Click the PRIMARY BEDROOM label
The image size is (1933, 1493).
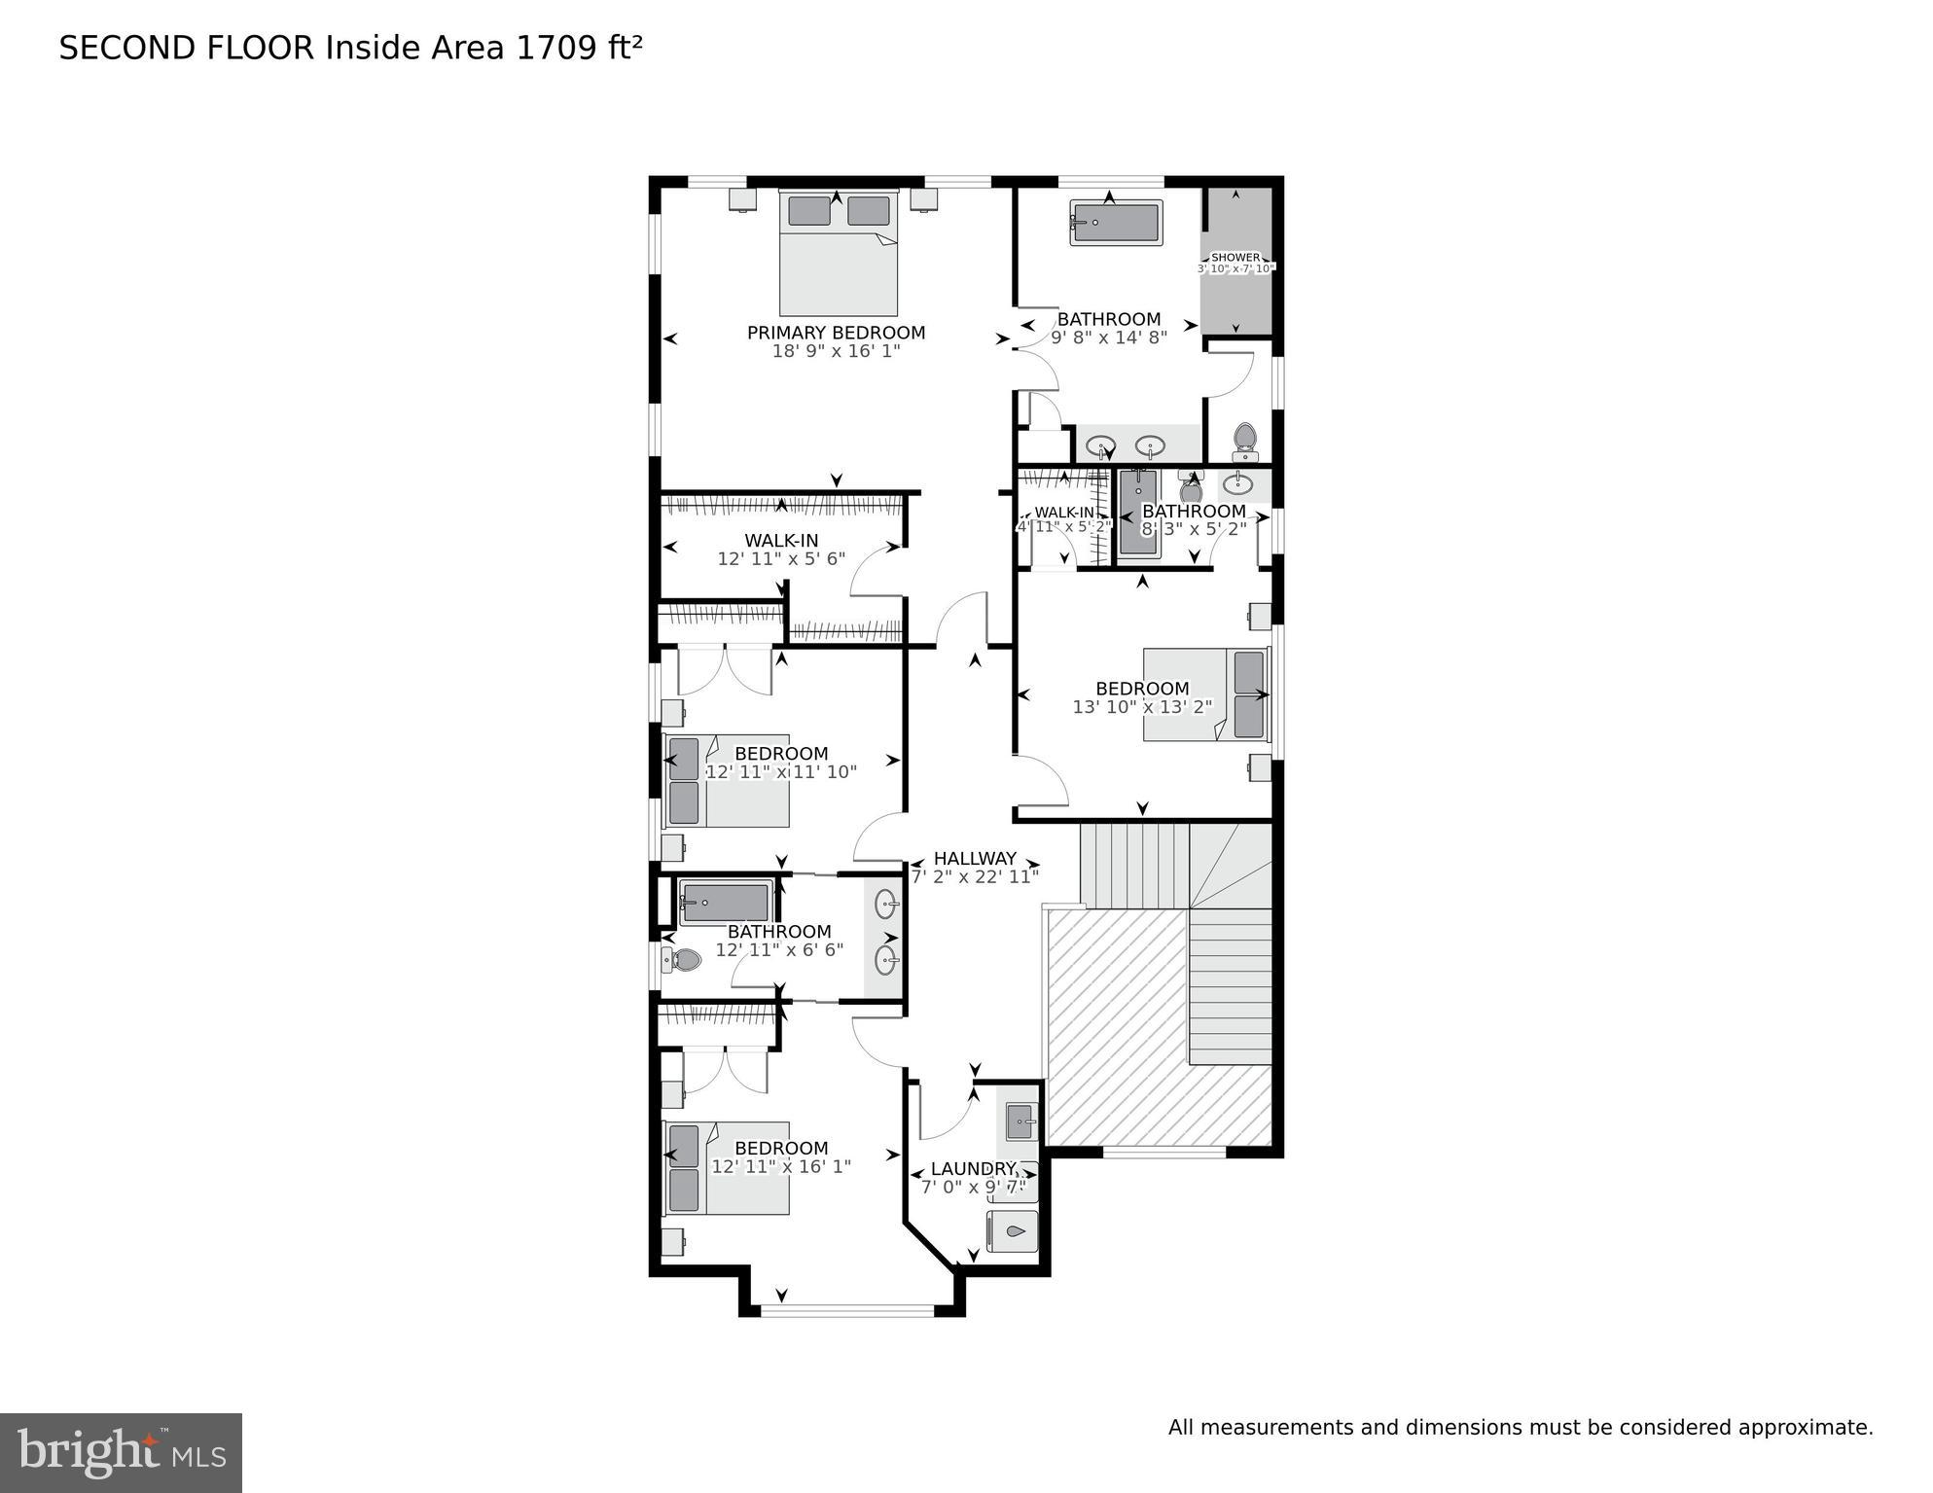(836, 333)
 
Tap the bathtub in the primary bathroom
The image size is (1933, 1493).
(1116, 223)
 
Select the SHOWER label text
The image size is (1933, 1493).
(1235, 258)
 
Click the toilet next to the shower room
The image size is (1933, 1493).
(1244, 442)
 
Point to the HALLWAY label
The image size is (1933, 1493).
(975, 858)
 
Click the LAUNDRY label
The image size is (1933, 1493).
(973, 1168)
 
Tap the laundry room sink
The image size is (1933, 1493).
(1020, 1121)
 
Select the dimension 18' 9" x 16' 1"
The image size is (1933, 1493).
(836, 351)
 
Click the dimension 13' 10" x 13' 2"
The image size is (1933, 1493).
(1142, 707)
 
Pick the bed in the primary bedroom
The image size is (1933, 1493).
(838, 253)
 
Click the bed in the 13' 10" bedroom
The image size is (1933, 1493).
(1206, 694)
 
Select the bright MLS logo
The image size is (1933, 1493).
(121, 1452)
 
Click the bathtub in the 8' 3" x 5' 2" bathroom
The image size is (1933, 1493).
(1137, 513)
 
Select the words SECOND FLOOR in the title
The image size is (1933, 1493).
(187, 49)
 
